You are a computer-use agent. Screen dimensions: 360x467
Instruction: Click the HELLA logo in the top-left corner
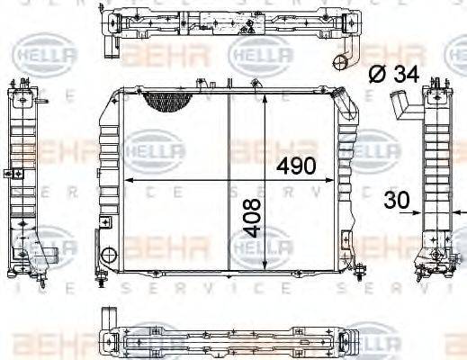pyautogui.click(x=32, y=58)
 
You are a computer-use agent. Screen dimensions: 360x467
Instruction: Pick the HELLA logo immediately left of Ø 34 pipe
pyautogui.click(x=261, y=58)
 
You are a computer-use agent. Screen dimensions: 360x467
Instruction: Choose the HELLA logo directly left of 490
pyautogui.click(x=154, y=148)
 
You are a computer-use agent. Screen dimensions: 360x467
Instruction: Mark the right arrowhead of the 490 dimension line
pyautogui.click(x=337, y=180)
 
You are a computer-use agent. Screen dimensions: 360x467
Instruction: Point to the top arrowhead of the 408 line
pyautogui.click(x=265, y=95)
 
